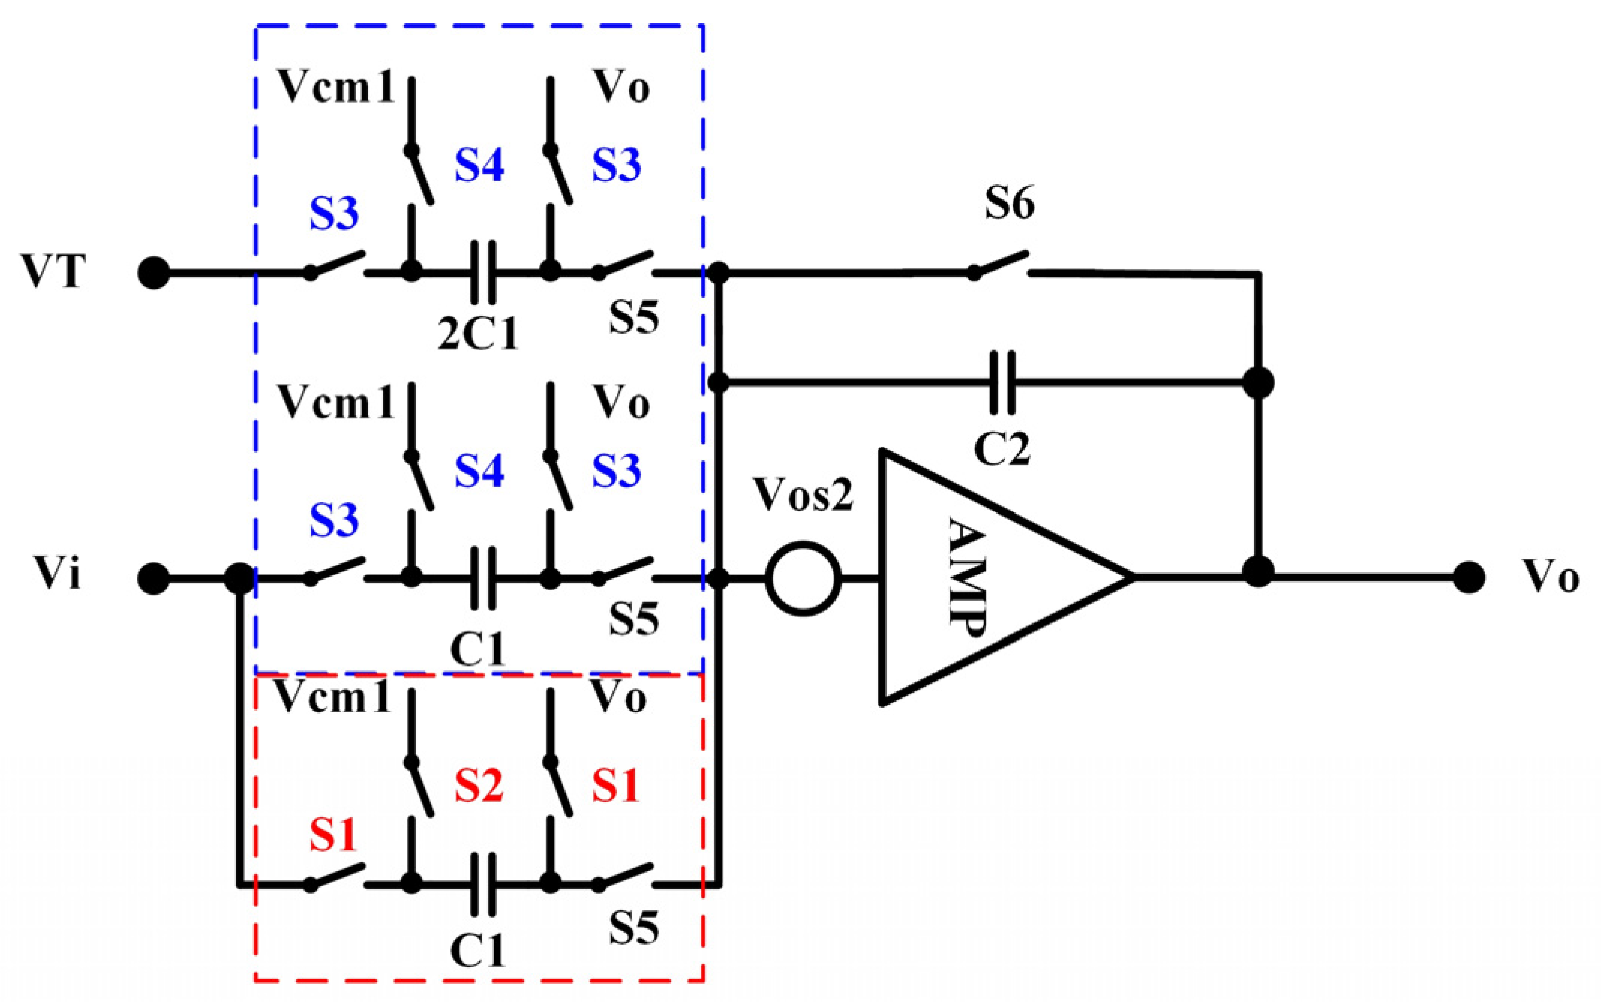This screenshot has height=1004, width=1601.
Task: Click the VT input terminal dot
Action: [x=154, y=273]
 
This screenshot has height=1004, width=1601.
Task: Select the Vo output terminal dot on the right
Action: [x=1468, y=577]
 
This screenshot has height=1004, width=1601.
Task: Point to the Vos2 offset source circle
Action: [x=803, y=579]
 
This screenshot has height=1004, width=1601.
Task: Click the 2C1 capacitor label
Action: [x=478, y=334]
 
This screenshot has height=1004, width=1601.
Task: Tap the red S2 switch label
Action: [x=478, y=787]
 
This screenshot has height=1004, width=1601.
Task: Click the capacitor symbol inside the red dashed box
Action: [x=483, y=884]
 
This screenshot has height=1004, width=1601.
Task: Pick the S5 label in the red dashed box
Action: [x=633, y=928]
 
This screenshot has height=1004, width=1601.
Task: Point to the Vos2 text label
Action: [x=803, y=495]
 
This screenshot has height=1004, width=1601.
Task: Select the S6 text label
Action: [x=1009, y=203]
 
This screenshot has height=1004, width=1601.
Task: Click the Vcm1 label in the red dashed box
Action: [x=332, y=697]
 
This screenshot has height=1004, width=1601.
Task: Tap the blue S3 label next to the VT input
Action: [x=334, y=214]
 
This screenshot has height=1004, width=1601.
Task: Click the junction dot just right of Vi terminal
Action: [x=240, y=579]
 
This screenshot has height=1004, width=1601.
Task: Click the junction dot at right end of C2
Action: [x=1258, y=382]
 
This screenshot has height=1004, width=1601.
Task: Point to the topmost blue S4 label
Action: [x=479, y=165]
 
